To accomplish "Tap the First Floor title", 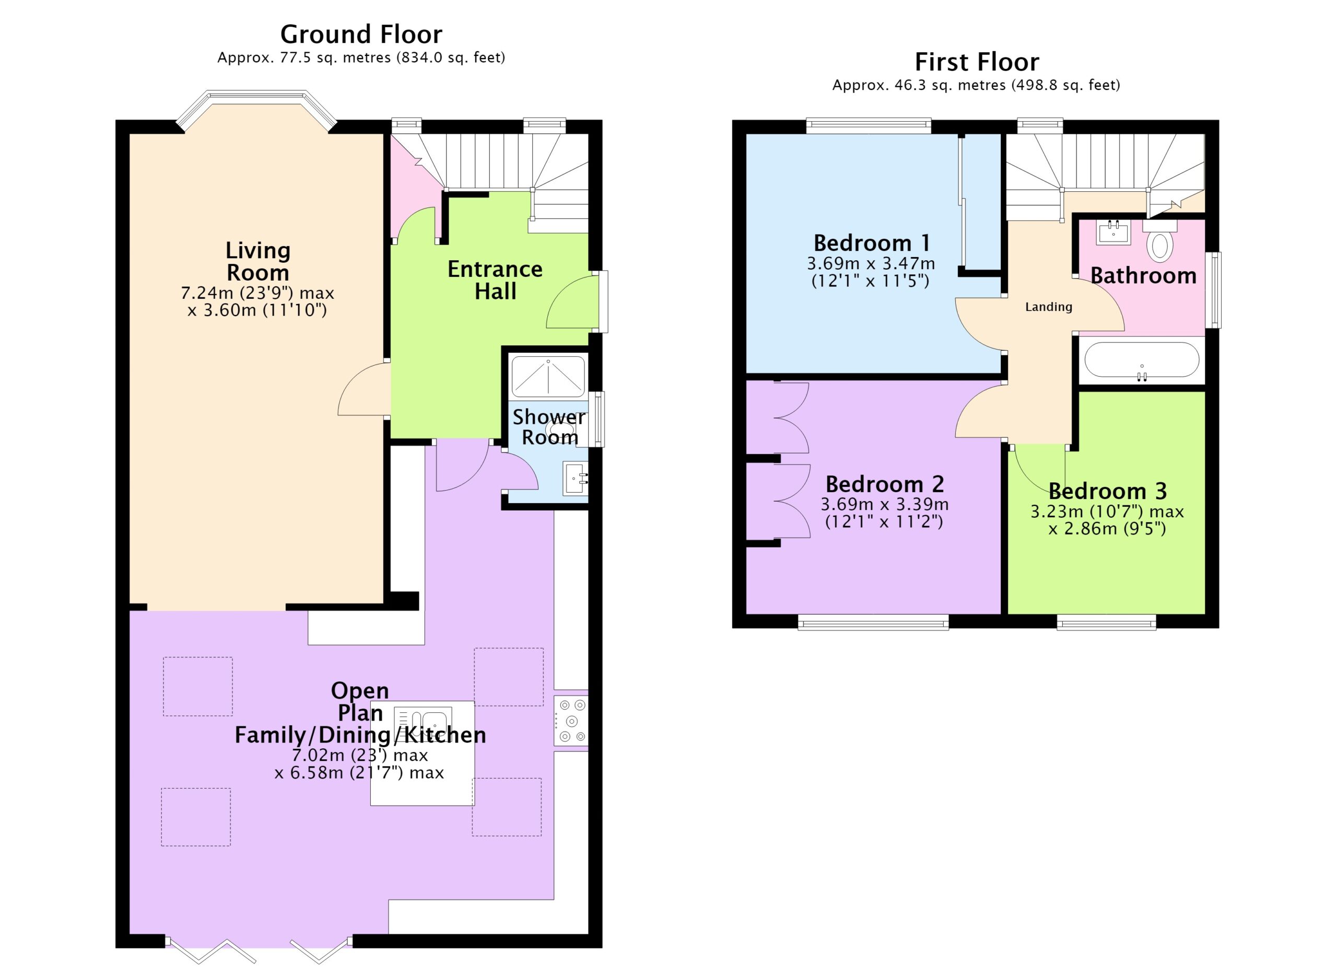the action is coord(977,62).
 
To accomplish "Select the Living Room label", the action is coord(257,261).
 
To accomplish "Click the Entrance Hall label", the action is coord(495,280).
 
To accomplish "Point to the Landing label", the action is coord(1049,307).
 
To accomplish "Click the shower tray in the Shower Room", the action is coord(548,376).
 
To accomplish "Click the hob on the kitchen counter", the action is coord(571,721).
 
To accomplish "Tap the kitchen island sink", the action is coord(423,725).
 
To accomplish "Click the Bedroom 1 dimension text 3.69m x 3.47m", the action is coord(871,263).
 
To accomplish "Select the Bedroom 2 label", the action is coord(884,484).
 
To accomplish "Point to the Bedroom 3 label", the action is coord(1108,491).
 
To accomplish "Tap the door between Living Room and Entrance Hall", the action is coord(363,389).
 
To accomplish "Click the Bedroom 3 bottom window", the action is coord(1107,622).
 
